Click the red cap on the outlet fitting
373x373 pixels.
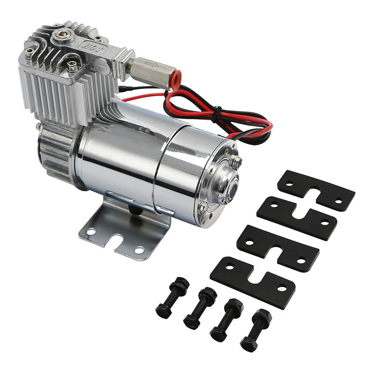pos(176,79)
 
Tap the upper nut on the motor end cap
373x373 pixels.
pos(237,162)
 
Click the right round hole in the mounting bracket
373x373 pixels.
pos(138,250)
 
